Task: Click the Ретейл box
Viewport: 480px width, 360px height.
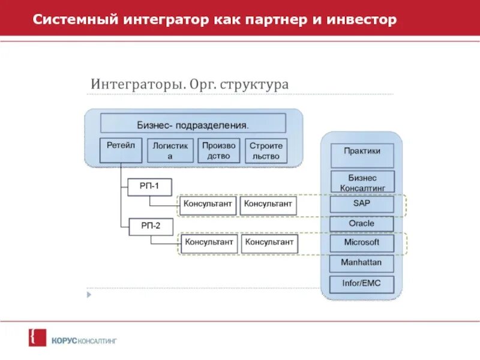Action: tap(121, 150)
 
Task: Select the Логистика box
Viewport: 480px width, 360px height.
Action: tap(170, 150)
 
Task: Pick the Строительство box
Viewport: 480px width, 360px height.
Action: tap(266, 150)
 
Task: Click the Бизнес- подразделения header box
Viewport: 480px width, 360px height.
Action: tap(193, 124)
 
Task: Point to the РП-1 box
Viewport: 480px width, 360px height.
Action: tap(149, 187)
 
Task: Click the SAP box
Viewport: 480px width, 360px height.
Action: tap(362, 204)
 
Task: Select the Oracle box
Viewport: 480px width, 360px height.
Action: tap(362, 224)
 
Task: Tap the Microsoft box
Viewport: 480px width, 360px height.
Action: tap(362, 243)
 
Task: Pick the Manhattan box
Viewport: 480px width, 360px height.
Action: tap(362, 263)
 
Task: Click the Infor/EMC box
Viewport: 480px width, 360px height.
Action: tap(362, 283)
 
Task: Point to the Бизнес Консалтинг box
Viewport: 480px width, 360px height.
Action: tap(362, 182)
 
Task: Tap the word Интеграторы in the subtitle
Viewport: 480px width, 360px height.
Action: tap(136, 84)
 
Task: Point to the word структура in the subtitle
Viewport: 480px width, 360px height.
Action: tap(254, 84)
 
